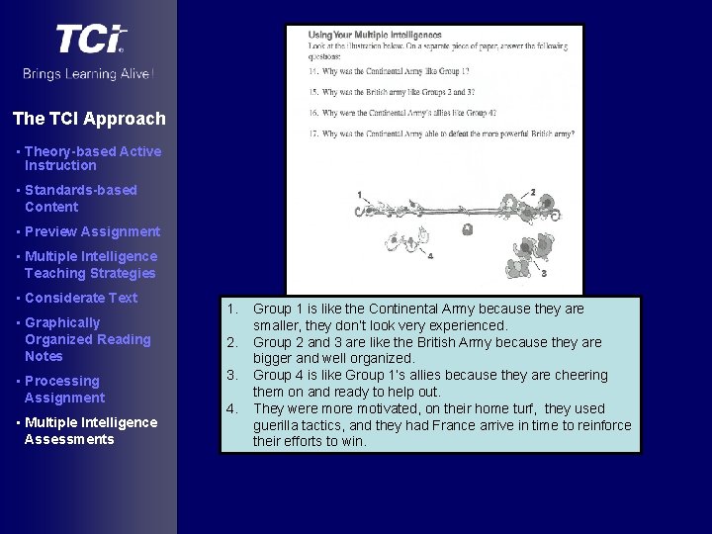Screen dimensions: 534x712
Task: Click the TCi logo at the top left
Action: [90, 39]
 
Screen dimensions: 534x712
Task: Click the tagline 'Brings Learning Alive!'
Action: [89, 74]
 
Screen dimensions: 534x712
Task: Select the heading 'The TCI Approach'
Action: [89, 119]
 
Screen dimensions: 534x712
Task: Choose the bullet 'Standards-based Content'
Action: [80, 198]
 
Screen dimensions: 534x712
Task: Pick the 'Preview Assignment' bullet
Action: [92, 231]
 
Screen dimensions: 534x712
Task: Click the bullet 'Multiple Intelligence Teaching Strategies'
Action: [90, 264]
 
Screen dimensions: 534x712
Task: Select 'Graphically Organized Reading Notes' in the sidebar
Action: [87, 339]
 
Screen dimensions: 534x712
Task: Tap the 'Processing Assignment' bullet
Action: [64, 389]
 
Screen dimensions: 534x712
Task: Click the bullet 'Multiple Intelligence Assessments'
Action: [90, 430]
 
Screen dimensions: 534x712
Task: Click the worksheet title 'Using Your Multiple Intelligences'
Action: [375, 34]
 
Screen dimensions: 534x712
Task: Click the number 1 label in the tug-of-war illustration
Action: [359, 195]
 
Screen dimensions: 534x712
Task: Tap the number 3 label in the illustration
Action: [544, 273]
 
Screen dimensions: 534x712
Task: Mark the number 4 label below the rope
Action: [430, 255]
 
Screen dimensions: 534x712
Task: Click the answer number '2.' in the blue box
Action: [231, 342]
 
